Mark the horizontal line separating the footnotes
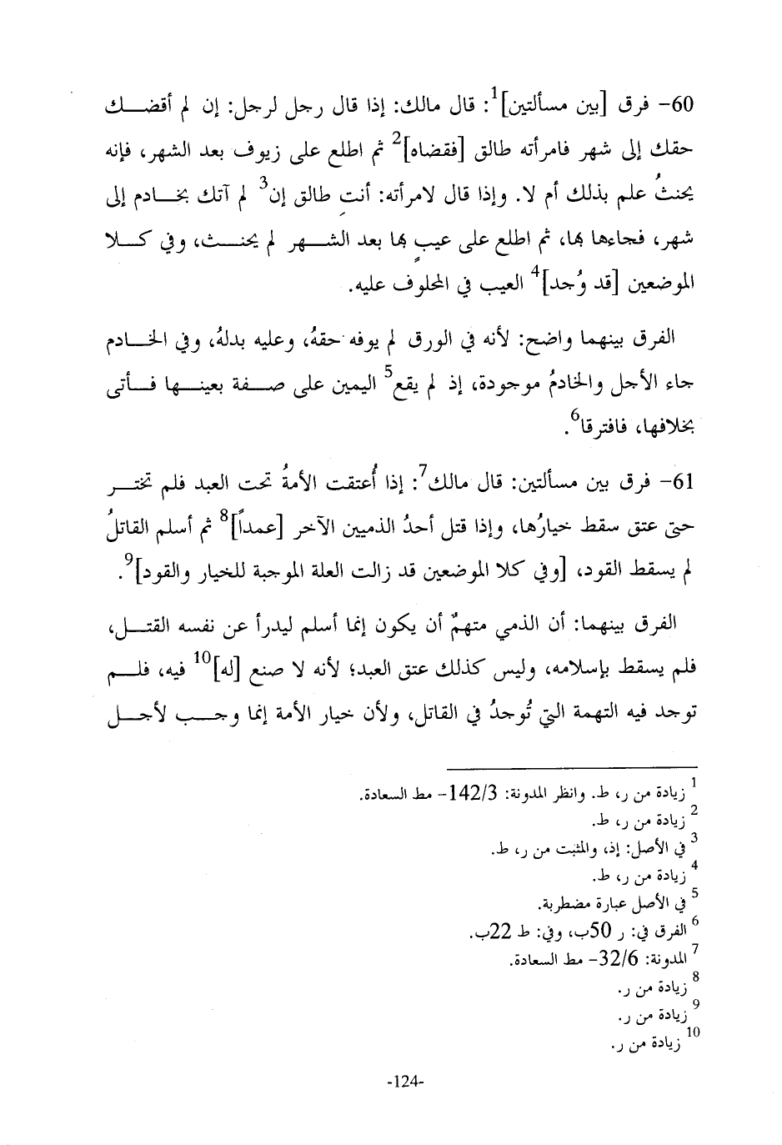tap(571, 766)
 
